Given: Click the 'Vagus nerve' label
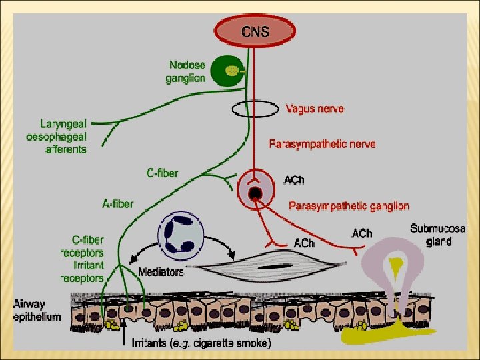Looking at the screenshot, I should [315, 107].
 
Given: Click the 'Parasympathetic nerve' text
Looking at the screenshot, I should [321, 143].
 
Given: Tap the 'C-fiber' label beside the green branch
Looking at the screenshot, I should [162, 173].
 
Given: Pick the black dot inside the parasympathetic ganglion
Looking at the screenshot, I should [255, 193].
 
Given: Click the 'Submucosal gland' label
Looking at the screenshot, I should [439, 235].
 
